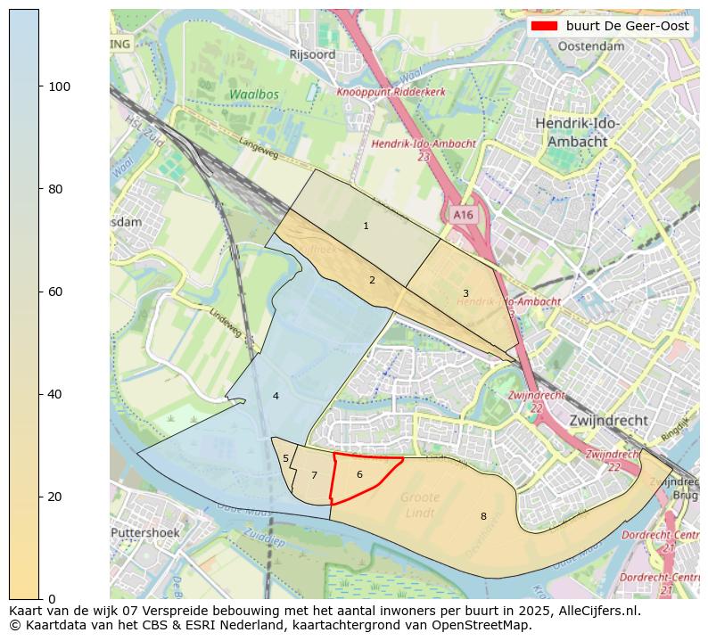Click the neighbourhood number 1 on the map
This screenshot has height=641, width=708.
pyautogui.click(x=366, y=226)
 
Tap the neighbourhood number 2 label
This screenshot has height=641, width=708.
pyautogui.click(x=372, y=280)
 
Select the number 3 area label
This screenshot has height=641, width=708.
pyautogui.click(x=465, y=293)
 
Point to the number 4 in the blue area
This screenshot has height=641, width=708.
pyautogui.click(x=276, y=396)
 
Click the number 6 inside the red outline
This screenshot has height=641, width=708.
pyautogui.click(x=359, y=474)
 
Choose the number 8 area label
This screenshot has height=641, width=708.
pyautogui.click(x=483, y=516)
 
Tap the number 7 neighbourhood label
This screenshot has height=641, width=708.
pyautogui.click(x=314, y=475)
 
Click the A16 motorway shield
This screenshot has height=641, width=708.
pyautogui.click(x=463, y=215)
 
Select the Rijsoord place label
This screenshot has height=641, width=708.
pyautogui.click(x=312, y=54)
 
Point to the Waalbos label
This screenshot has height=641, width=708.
pyautogui.click(x=253, y=95)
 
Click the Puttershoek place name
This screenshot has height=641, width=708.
pyautogui.click(x=145, y=533)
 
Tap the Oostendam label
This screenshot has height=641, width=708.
pyautogui.click(x=590, y=46)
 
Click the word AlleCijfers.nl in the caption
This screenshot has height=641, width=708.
pyautogui.click(x=594, y=612)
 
